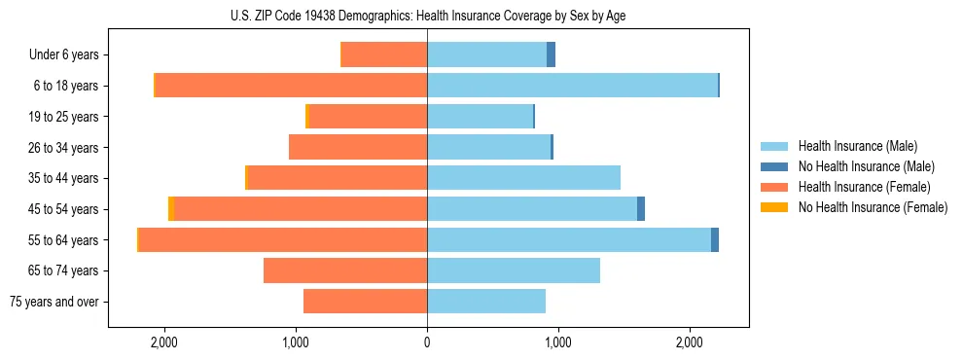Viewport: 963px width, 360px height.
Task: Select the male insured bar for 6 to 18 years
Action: coord(572,86)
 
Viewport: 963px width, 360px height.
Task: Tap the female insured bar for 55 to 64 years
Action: coord(283,239)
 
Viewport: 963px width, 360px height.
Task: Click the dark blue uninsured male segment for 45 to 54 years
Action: coord(641,208)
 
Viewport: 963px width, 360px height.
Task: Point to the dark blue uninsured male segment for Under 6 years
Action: coord(551,54)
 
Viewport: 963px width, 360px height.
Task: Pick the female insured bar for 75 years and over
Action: coord(365,302)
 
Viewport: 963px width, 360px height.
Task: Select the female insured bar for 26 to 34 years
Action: coord(358,147)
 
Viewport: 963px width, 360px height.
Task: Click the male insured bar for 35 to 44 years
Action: coord(523,178)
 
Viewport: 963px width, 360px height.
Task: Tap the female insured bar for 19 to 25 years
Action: coord(368,117)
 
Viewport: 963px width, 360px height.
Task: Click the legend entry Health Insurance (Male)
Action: coord(857,146)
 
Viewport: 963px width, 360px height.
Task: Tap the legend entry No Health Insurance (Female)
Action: coord(873,207)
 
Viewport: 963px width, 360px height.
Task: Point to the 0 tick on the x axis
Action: coord(427,342)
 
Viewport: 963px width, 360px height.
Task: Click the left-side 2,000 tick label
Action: coord(163,342)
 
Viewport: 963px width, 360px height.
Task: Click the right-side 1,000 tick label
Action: coord(557,342)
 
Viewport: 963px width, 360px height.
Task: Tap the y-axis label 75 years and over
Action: coord(54,302)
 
